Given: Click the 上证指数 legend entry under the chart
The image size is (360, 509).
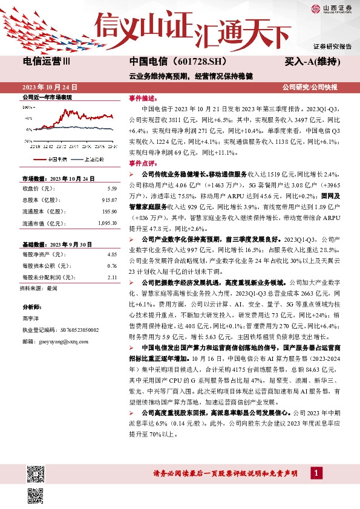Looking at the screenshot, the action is pos(93,159).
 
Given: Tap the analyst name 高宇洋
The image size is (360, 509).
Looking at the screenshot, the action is pos(31,319).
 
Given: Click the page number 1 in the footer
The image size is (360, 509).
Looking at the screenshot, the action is pos(315,472).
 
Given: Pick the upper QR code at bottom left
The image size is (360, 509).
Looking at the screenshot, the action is pos(35,472).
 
